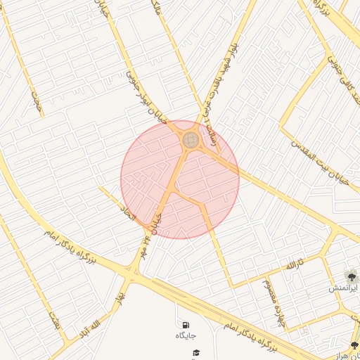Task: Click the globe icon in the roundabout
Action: click(191, 140)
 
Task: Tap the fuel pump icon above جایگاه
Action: click(186, 326)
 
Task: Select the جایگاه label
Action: click(186, 336)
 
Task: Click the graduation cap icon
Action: click(196, 352)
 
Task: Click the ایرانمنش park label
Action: click(344, 288)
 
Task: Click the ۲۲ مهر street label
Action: click(153, 217)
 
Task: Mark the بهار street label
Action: click(124, 287)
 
